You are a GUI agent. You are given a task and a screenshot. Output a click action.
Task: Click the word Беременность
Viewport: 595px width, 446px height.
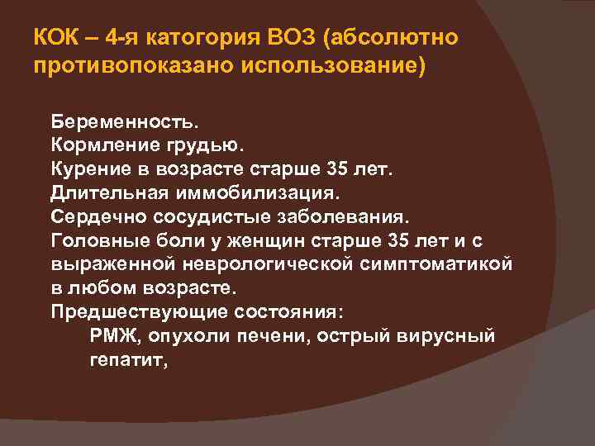pyautogui.click(x=125, y=121)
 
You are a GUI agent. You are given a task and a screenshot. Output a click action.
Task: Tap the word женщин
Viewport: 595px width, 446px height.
pyautogui.click(x=244, y=241)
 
